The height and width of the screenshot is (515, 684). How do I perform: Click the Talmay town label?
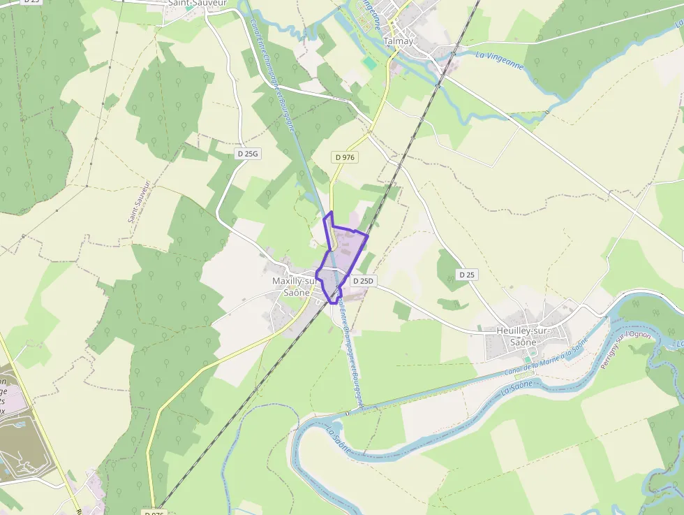tap(399, 41)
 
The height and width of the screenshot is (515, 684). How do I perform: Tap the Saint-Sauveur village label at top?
tap(197, 3)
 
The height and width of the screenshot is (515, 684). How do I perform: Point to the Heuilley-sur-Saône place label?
tap(523, 336)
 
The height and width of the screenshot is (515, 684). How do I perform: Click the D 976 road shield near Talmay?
tap(345, 157)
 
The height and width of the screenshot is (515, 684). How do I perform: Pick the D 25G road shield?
tap(247, 153)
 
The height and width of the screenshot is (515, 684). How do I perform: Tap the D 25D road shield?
tap(363, 281)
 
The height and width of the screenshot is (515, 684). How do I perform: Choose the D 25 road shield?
tap(467, 275)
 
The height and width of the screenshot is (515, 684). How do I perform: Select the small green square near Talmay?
tap(369, 63)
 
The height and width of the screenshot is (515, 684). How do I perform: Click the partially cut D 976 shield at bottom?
tap(154, 512)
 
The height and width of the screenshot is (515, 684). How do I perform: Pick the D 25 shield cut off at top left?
tap(31, 2)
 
